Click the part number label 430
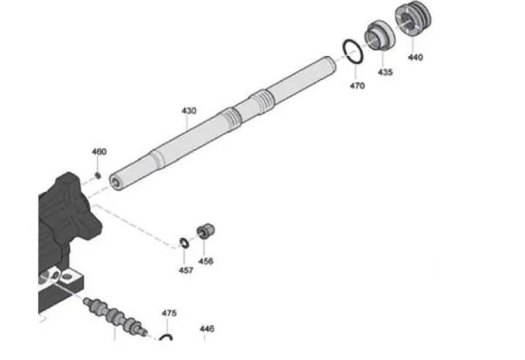tap(189, 111)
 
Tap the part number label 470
tap(357, 86)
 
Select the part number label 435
tap(385, 73)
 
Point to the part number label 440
tap(416, 57)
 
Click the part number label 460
tap(99, 152)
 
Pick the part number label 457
tap(186, 270)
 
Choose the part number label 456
tap(206, 261)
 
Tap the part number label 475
tap(169, 314)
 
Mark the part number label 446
tap(207, 329)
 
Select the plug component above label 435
tap(377, 35)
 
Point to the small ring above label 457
tap(184, 243)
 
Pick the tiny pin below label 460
tap(98, 175)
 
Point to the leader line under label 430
tap(187, 123)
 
